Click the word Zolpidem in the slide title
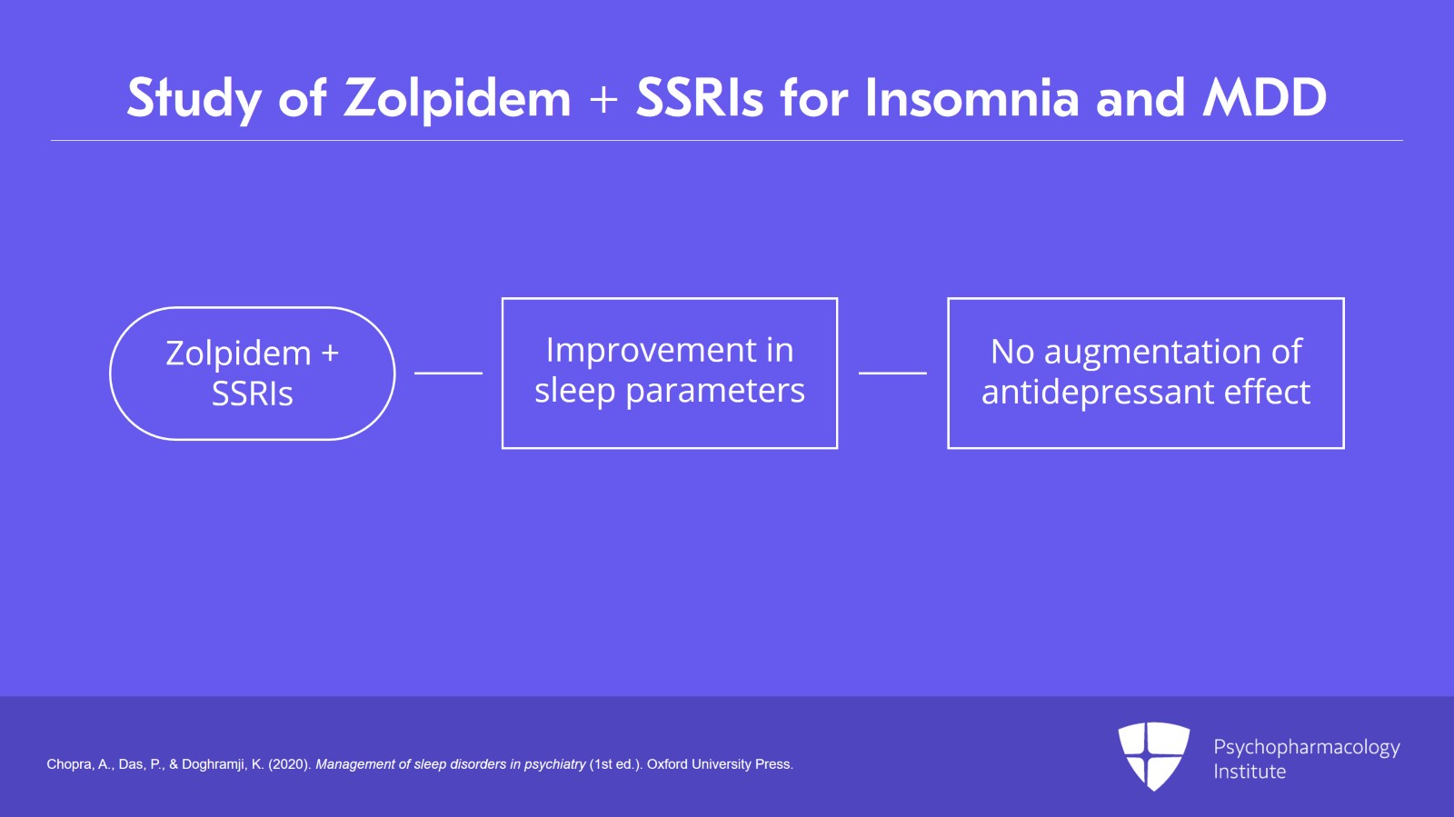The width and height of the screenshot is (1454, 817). pyautogui.click(x=457, y=98)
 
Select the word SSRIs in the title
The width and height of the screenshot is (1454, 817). pyautogui.click(x=700, y=98)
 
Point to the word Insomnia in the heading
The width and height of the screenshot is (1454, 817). pyautogui.click(x=971, y=98)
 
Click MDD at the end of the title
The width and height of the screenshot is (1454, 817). pyautogui.click(x=1264, y=98)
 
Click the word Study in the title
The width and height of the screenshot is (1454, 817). pyautogui.click(x=194, y=98)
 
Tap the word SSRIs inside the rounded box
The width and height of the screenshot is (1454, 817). pyautogui.click(x=253, y=394)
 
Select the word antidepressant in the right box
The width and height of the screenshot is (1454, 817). pyautogui.click(x=1098, y=392)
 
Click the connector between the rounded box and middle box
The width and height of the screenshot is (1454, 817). pyautogui.click(x=448, y=373)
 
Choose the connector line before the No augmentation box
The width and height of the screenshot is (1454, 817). pyautogui.click(x=892, y=373)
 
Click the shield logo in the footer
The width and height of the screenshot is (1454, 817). pyautogui.click(x=1153, y=755)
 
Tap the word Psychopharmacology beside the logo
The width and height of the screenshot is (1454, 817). pyautogui.click(x=1306, y=747)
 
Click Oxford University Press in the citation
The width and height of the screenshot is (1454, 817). pyautogui.click(x=719, y=764)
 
